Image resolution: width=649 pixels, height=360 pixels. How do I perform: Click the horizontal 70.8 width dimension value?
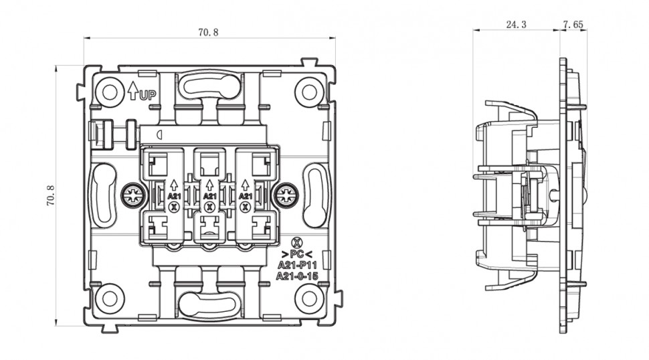point(208,32)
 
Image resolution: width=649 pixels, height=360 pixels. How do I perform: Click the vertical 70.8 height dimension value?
point(50,195)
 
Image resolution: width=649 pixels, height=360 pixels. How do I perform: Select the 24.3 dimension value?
point(516,24)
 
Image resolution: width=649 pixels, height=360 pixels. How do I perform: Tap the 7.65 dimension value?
point(573,24)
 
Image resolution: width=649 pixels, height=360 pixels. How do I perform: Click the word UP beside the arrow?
point(148,96)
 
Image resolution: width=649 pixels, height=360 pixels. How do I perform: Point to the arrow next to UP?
point(132,90)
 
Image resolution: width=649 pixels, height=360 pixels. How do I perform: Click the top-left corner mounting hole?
point(110,92)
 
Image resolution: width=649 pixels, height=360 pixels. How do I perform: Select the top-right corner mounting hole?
point(309,92)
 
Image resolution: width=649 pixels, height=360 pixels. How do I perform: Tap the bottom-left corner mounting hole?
point(110,298)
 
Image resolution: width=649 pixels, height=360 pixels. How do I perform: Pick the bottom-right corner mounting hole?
point(309,298)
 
